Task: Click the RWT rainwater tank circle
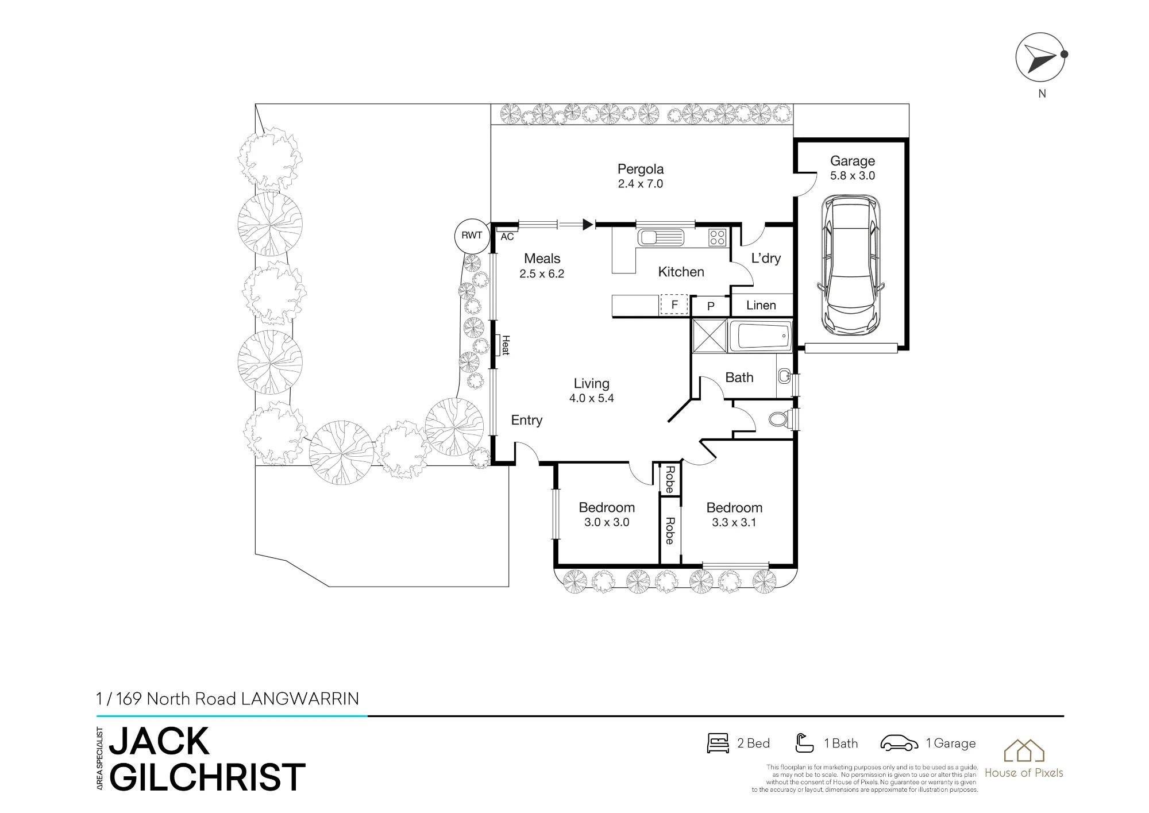coord(472,236)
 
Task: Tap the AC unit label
coord(507,237)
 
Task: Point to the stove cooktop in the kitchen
coord(717,237)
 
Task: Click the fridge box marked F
coord(674,305)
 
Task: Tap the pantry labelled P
coord(711,306)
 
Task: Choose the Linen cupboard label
coord(761,305)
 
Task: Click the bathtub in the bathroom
coord(760,336)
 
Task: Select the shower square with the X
coord(710,335)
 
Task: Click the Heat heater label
coord(506,345)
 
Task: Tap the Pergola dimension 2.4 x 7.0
coord(641,184)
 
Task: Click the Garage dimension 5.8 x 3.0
coord(853,176)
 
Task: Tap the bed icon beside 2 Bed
coord(718,743)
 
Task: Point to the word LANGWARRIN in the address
coord(300,699)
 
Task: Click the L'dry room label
coord(766,259)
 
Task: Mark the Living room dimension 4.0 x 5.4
coord(592,398)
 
